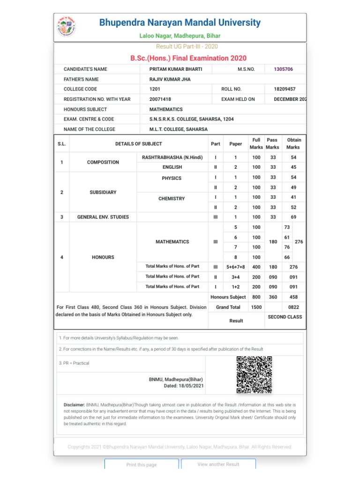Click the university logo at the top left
click(68, 27)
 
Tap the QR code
click(254, 375)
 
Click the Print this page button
click(142, 465)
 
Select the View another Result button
click(218, 464)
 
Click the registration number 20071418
click(160, 99)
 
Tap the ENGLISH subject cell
click(172, 167)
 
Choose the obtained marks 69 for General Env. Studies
click(293, 217)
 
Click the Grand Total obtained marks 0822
click(293, 307)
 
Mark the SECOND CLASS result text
click(285, 317)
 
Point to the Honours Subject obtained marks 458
click(293, 297)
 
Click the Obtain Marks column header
click(293, 143)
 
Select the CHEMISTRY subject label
click(172, 199)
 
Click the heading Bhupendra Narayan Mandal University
click(180, 22)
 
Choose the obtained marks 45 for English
click(293, 167)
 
